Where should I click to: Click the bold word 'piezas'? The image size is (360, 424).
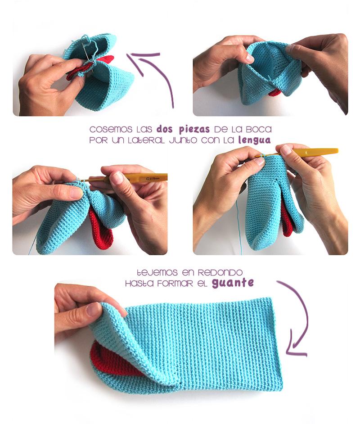tap(194, 130)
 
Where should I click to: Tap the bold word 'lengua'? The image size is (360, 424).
tap(254, 140)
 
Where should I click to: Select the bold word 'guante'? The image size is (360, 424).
tap(233, 283)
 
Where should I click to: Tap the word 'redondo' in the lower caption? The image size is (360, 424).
tap(220, 272)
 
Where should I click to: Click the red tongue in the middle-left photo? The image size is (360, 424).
tap(100, 230)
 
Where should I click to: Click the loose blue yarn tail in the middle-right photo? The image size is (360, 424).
tap(239, 227)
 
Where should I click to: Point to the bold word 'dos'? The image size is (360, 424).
tap(164, 129)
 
